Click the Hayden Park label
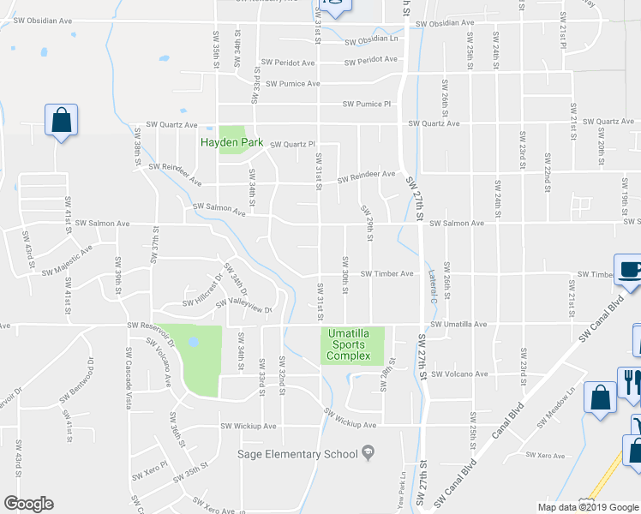click(x=231, y=143)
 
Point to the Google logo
click(x=28, y=504)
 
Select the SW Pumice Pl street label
click(x=366, y=104)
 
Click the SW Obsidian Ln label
click(x=371, y=39)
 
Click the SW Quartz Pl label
click(x=293, y=144)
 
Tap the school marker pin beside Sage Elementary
click(x=368, y=451)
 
